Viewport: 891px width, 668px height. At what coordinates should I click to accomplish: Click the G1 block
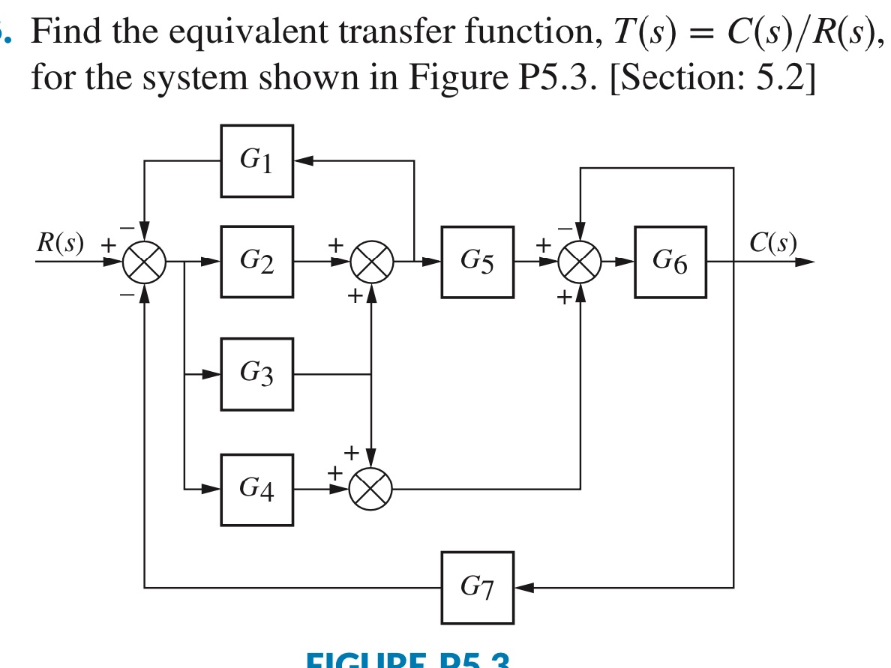(x=256, y=160)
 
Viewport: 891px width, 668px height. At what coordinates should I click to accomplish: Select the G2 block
(x=256, y=262)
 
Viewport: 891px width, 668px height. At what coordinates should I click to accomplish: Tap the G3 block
(x=256, y=373)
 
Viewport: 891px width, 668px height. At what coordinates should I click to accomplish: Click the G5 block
(x=478, y=262)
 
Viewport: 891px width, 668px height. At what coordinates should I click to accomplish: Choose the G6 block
(x=670, y=262)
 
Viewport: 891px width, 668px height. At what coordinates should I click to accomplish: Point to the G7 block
(x=478, y=588)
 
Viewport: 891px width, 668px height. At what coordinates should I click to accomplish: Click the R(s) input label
(x=60, y=243)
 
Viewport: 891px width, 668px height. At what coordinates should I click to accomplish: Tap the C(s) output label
(x=772, y=243)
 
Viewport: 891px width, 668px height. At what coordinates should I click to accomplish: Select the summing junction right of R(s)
(x=144, y=262)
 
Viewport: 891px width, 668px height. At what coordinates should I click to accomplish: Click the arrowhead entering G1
(x=302, y=160)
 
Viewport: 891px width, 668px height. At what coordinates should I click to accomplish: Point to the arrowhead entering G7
(x=523, y=588)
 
